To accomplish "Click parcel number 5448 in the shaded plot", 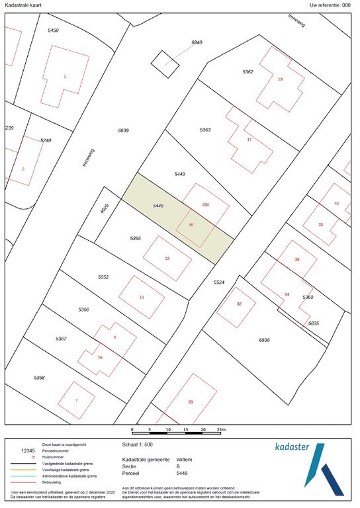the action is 157,206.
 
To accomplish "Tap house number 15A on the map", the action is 206,206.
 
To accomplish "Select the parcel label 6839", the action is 123,130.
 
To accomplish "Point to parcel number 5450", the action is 53,31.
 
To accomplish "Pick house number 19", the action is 280,79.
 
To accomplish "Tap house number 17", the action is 249,140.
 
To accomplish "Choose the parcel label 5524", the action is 220,282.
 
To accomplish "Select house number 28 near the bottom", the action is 190,402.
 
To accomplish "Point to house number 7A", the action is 100,357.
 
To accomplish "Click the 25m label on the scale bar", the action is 222,429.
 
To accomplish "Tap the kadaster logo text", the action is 292,447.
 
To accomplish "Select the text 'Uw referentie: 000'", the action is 330,5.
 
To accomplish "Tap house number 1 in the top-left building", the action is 65,77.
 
